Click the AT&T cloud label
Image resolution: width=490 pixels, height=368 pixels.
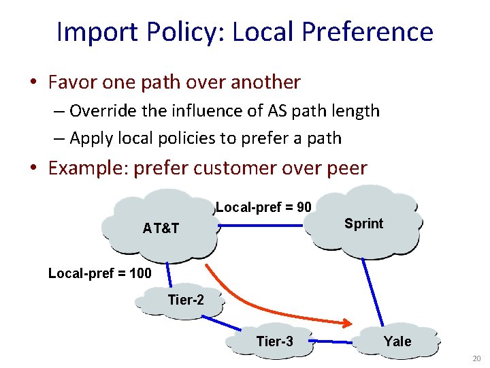tap(161, 228)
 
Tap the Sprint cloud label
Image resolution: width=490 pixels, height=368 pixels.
tap(363, 224)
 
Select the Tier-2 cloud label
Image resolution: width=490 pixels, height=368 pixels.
tap(186, 300)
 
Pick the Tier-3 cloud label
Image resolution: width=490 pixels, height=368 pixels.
tap(275, 341)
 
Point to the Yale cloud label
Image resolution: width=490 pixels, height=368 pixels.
tap(397, 341)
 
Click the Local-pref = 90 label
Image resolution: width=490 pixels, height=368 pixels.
tap(263, 206)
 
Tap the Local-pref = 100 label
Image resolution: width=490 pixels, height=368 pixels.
tap(99, 274)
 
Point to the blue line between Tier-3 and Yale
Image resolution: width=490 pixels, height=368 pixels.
tap(335, 341)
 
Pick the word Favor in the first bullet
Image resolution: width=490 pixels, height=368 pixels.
tap(73, 82)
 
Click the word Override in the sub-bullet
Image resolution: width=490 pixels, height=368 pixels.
tap(103, 110)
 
